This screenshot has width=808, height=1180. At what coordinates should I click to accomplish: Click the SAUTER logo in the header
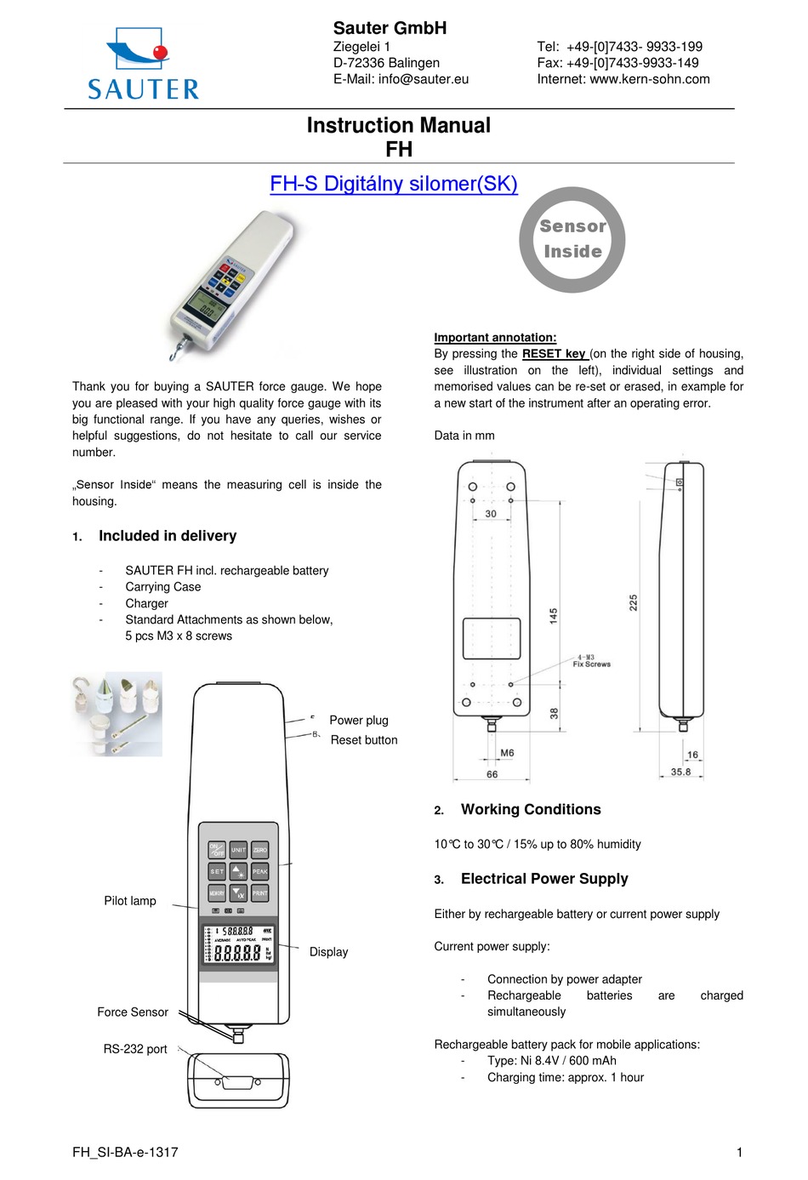[143, 65]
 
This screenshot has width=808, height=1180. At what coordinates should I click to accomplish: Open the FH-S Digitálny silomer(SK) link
[393, 184]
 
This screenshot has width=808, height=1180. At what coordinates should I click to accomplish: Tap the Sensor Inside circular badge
[572, 240]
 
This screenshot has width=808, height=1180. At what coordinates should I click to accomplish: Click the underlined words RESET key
[554, 354]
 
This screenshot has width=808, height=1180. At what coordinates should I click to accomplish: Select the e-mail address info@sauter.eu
[424, 79]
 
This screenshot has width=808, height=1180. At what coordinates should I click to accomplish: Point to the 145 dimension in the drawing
[554, 616]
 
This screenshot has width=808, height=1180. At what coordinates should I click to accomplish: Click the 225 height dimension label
[634, 602]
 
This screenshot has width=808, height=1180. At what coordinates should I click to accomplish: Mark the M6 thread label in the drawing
[507, 753]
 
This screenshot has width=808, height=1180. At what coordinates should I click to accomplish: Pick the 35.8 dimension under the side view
[680, 772]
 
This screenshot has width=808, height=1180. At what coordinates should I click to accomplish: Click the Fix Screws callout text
[591, 664]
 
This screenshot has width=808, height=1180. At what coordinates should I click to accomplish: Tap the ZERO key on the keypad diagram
[260, 850]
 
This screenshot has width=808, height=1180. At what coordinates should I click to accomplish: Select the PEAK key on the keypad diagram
[260, 871]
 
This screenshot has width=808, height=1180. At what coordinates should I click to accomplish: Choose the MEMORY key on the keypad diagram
[217, 893]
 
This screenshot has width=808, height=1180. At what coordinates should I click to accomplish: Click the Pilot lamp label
[130, 901]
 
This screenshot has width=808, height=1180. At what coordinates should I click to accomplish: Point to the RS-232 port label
[135, 1049]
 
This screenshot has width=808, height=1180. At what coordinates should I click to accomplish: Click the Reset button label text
[364, 740]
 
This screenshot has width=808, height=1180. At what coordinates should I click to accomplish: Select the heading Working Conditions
[531, 810]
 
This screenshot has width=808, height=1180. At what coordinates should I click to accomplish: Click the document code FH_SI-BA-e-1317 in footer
[125, 1152]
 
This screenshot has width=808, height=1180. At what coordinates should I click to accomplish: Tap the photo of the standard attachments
[117, 714]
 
